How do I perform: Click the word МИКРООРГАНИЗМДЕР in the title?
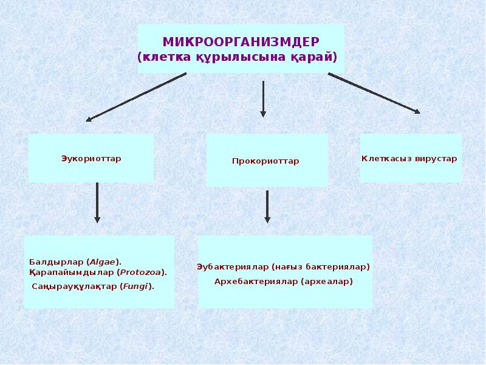[241, 42]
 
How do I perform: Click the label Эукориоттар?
[91, 159]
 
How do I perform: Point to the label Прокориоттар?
[265, 161]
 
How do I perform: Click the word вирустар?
[436, 159]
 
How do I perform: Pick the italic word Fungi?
[136, 285]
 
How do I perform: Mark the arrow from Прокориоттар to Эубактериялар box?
[267, 207]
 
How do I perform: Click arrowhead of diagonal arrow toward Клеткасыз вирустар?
[416, 111]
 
